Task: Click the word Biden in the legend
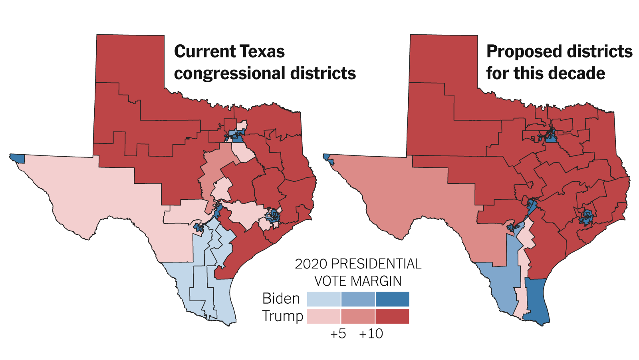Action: click(x=281, y=298)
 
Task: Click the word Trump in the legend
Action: click(x=282, y=316)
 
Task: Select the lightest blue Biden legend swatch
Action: click(x=323, y=299)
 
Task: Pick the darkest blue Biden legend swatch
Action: click(x=392, y=299)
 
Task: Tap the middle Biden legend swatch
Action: click(x=358, y=299)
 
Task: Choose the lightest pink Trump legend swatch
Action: click(x=323, y=316)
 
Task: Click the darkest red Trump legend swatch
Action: click(x=392, y=316)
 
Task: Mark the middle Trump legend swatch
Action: click(x=358, y=316)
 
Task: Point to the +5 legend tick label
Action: click(x=338, y=334)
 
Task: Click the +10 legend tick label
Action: click(x=371, y=334)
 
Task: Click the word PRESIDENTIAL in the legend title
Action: click(x=376, y=264)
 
